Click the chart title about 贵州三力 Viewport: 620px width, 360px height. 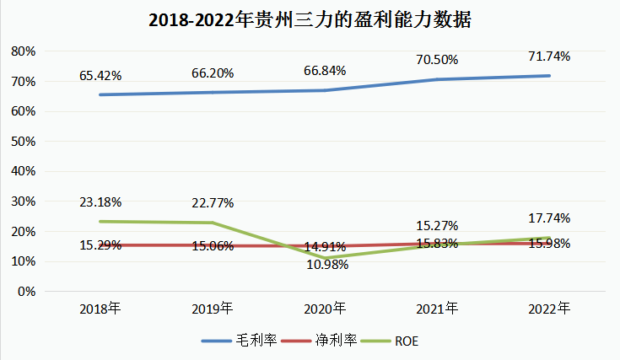point(310,20)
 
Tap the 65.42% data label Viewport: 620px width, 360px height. point(100,75)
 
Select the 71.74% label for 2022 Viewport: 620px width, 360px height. point(549,56)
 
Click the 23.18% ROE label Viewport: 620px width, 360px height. point(100,202)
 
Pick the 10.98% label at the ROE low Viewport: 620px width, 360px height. point(326,264)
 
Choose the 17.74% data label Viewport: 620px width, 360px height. point(549,218)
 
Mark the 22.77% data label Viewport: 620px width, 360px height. point(213,202)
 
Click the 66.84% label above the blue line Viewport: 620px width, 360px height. point(325,70)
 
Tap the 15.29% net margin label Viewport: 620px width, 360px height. point(100,245)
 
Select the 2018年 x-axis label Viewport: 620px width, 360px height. point(100,309)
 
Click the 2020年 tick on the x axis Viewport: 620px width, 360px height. point(325,309)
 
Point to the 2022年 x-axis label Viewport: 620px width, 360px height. point(549,309)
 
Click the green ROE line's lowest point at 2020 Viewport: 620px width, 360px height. point(325,258)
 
